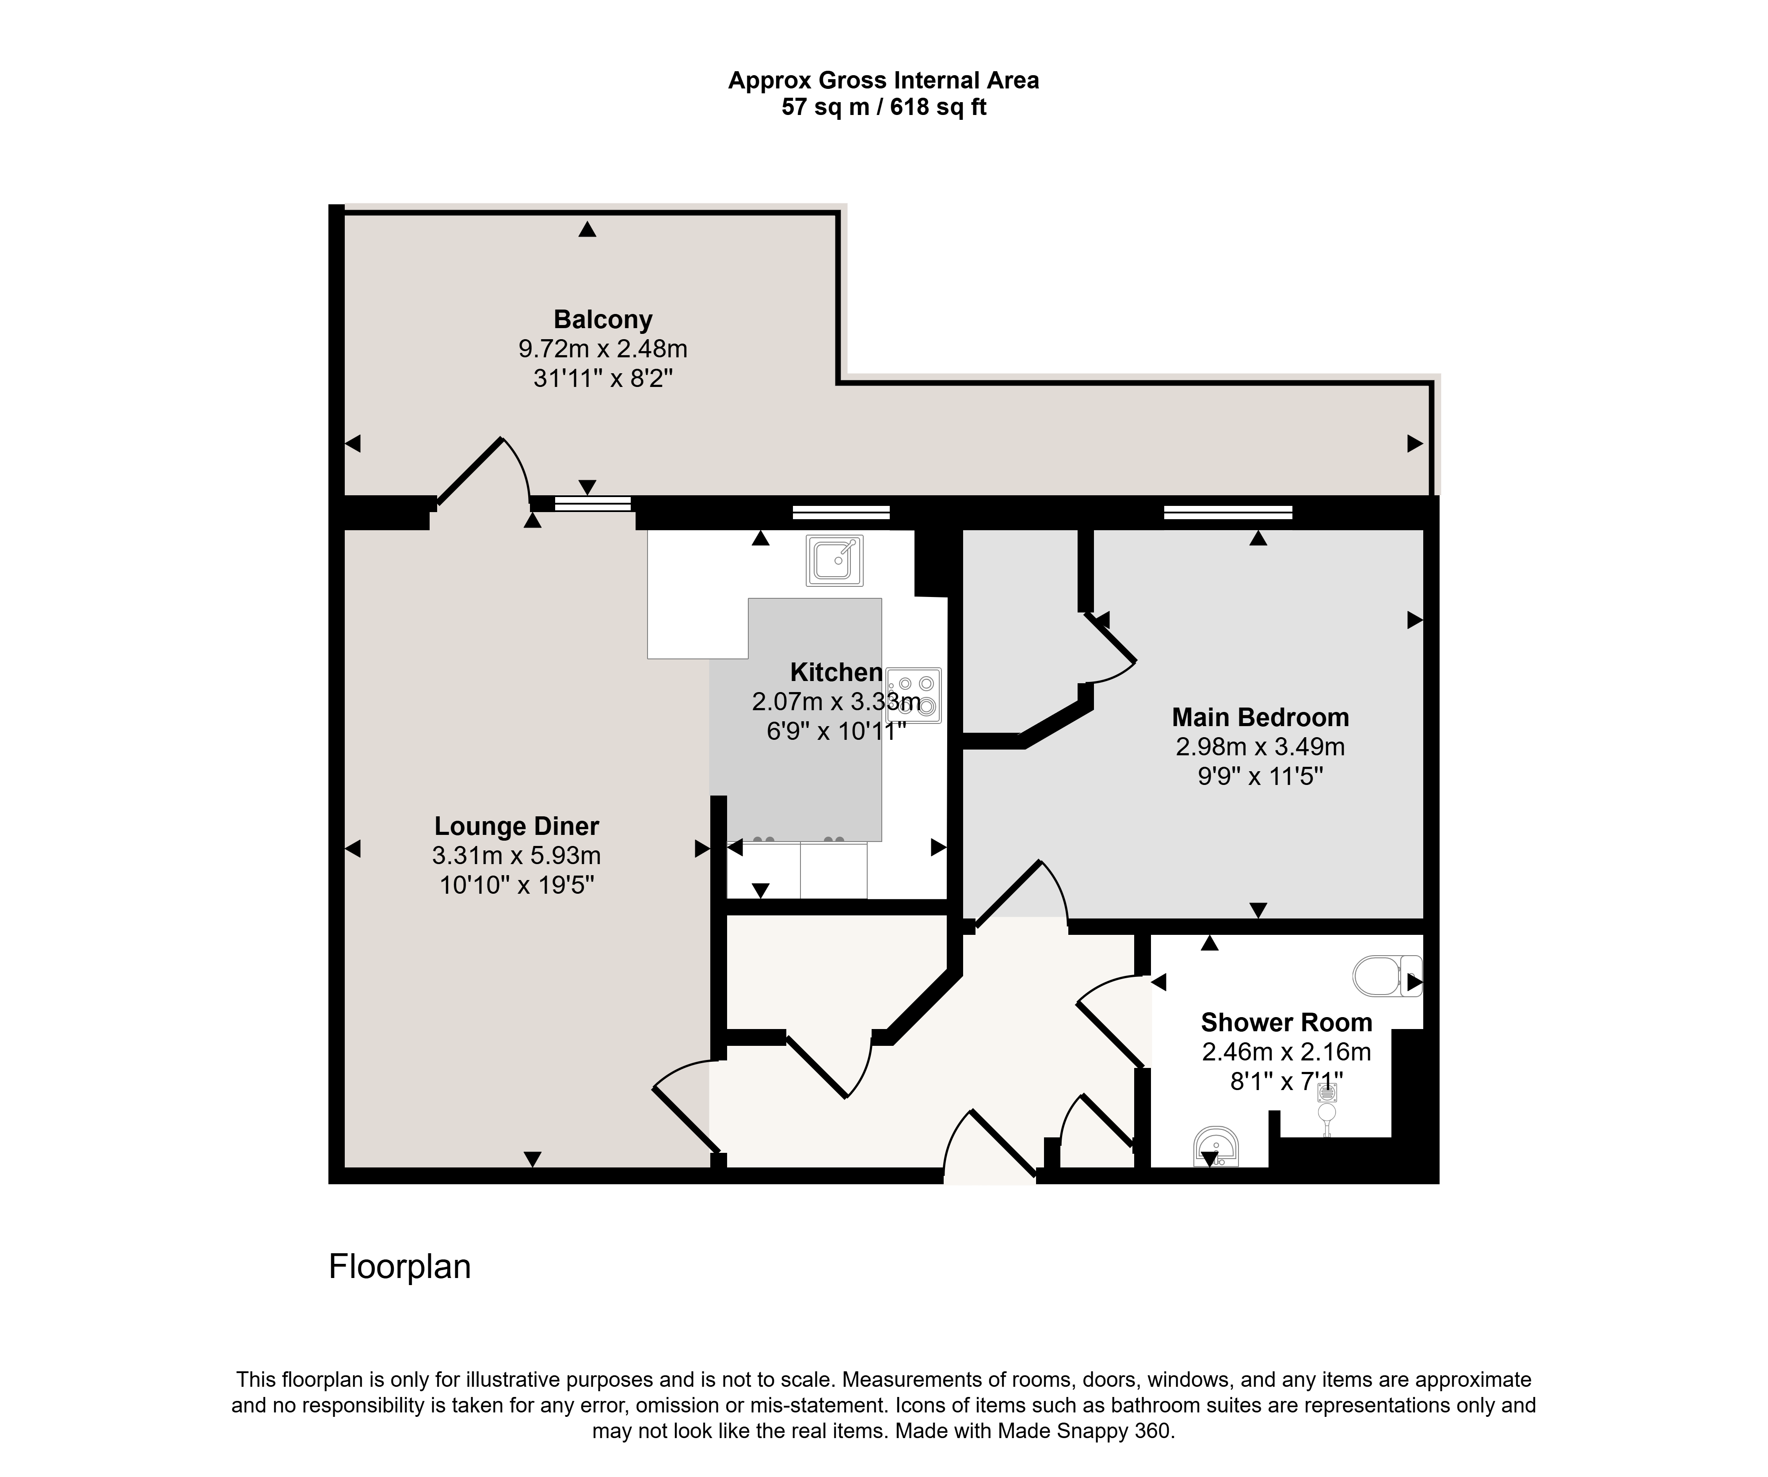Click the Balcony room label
click(x=603, y=320)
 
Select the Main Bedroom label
click(x=1260, y=717)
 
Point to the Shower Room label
click(x=1286, y=1022)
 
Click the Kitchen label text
click(x=836, y=672)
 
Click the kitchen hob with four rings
click(x=914, y=696)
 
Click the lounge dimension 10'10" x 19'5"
click(x=517, y=885)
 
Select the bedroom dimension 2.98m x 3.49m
click(x=1260, y=747)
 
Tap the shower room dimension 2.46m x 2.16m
click(x=1286, y=1052)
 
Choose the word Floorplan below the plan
click(x=400, y=1267)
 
